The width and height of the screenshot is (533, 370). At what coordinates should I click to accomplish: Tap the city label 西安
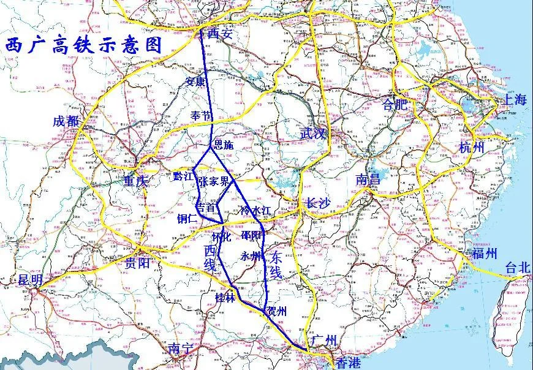click(221, 34)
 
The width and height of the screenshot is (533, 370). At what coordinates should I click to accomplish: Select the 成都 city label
click(67, 121)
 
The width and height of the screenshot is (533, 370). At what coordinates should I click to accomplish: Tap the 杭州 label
click(472, 148)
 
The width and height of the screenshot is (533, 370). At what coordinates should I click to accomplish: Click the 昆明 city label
click(31, 281)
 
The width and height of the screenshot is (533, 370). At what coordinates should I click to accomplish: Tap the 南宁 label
click(181, 349)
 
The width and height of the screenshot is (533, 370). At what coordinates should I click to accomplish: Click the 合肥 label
click(395, 105)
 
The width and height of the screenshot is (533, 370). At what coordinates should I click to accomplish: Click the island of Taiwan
click(510, 312)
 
